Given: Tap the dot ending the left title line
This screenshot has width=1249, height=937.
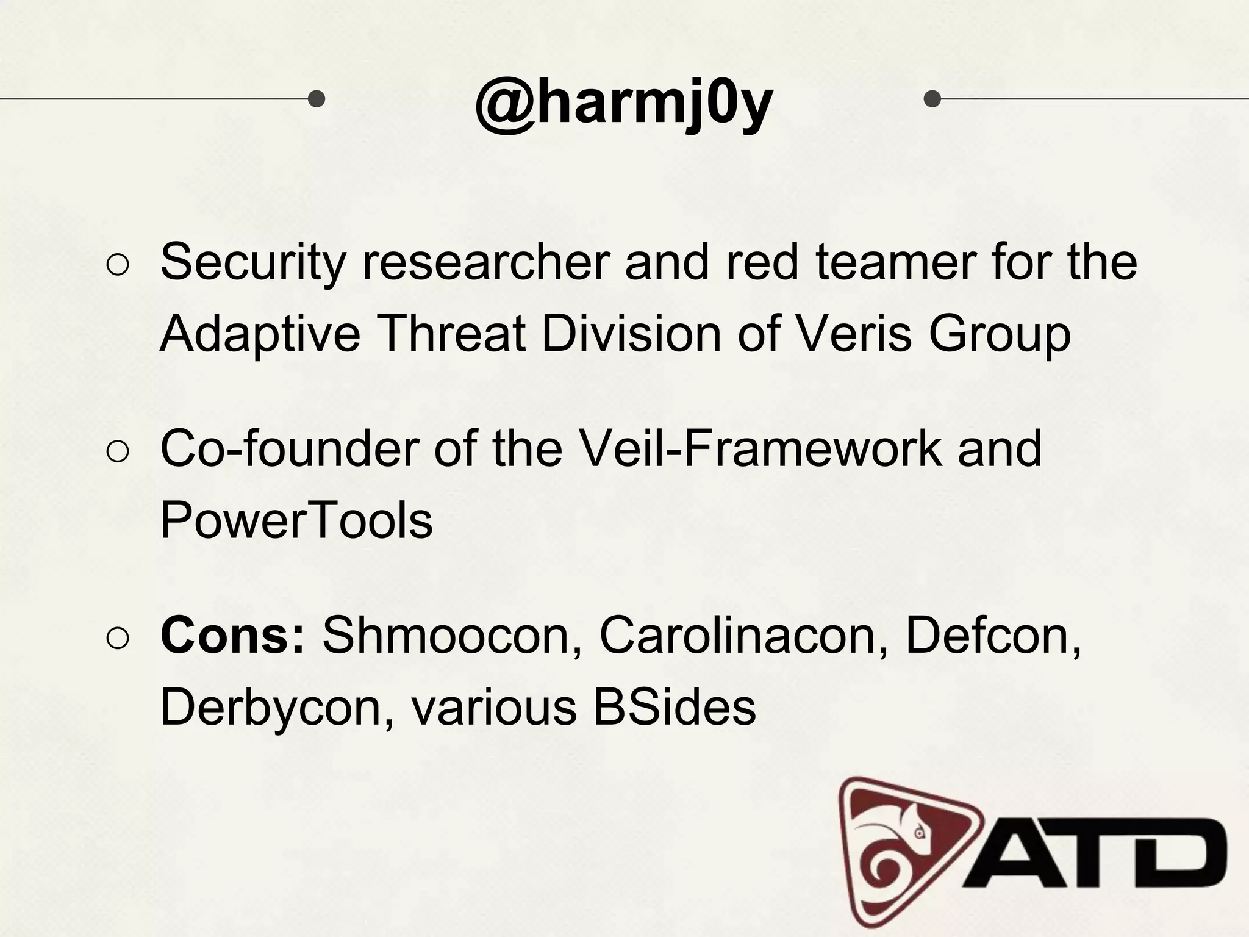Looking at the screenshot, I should pos(316,98).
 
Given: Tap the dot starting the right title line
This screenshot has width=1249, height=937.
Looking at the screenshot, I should pos(932,98).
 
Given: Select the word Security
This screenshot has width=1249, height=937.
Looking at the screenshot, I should pos(252,262).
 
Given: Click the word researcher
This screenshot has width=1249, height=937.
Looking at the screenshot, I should pos(485,262).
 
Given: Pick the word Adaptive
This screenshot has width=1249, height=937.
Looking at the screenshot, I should pos(260,334).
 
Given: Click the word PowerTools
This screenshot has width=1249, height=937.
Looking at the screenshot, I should pos(296,520).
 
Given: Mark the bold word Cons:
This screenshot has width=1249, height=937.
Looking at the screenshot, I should pos(232,636).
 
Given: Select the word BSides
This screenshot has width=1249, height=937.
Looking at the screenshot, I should pos(675,707).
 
